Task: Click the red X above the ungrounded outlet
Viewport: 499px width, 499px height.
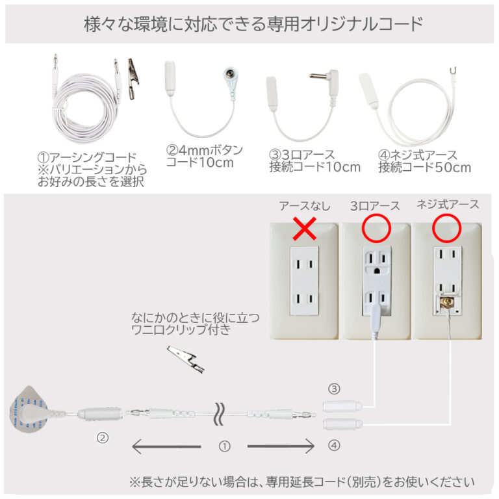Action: [x=305, y=229]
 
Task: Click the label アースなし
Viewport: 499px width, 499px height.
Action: [x=305, y=206]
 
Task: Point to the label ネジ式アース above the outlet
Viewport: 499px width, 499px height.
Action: [x=448, y=205]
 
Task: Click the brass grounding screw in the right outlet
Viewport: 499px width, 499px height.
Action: [x=446, y=301]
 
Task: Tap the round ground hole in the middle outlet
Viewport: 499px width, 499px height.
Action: [x=377, y=271]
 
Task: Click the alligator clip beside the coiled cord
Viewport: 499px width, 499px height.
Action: [x=133, y=79]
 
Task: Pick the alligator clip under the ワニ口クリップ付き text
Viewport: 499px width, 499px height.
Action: [x=186, y=359]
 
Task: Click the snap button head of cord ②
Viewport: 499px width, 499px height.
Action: [x=230, y=74]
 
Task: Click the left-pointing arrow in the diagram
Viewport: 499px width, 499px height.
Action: [x=166, y=446]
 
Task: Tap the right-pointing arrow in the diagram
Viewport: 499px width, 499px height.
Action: [x=281, y=446]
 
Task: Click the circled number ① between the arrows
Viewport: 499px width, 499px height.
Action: [x=224, y=446]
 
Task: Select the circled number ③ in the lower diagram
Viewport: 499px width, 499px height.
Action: [x=334, y=389]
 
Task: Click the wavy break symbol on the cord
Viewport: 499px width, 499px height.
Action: [x=219, y=414]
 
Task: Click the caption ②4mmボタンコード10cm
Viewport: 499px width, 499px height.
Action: [x=204, y=156]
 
